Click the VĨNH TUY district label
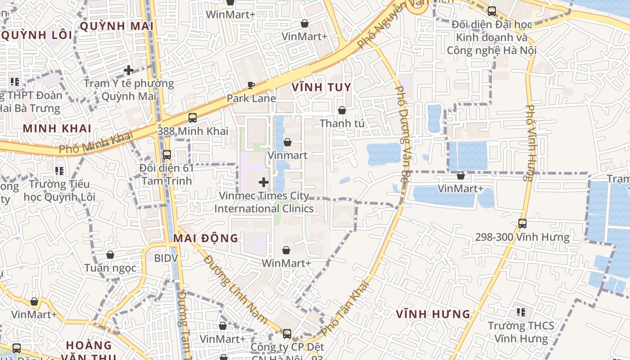click(321, 87)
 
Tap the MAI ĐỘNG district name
click(206, 238)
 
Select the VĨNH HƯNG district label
click(433, 314)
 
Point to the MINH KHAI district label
click(57, 128)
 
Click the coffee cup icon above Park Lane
click(251, 85)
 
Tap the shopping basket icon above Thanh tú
click(342, 110)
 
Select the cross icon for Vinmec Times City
click(264, 182)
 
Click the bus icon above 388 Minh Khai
click(193, 118)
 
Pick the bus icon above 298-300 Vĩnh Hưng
click(522, 223)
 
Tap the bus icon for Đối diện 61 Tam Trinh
click(167, 154)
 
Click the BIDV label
click(166, 258)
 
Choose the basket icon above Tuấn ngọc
click(110, 255)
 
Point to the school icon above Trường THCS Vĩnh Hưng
click(521, 312)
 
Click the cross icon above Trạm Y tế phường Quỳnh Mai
click(129, 70)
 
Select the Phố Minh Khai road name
click(97, 142)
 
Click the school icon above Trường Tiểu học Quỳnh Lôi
click(59, 171)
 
